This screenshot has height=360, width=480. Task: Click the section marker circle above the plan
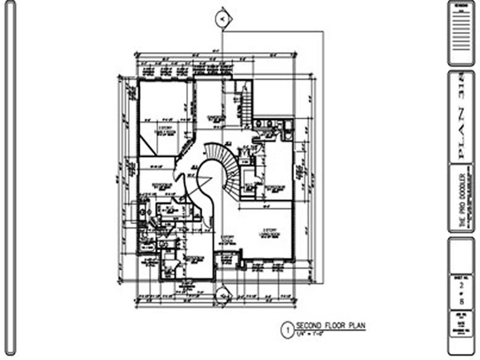(x=222, y=20)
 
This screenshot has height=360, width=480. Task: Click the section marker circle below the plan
(x=222, y=296)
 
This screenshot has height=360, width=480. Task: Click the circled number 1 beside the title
(x=286, y=330)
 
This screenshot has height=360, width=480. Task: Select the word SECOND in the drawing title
(x=307, y=325)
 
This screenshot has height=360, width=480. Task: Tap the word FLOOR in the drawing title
(x=333, y=325)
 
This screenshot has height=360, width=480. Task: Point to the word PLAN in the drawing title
(x=355, y=325)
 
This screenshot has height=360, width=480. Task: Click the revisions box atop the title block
(x=461, y=33)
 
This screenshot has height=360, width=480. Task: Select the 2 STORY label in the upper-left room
(x=165, y=129)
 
